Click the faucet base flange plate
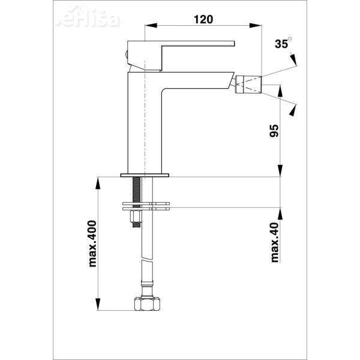(145, 175)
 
